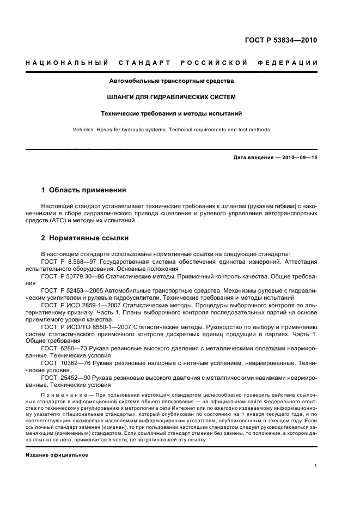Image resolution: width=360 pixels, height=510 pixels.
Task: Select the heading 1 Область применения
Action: [84, 190]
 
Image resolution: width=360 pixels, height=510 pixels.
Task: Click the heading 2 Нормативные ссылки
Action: [86, 238]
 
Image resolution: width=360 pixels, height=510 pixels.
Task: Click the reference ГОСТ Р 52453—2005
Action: [70, 292]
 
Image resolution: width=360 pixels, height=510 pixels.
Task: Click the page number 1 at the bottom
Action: [316, 466]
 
